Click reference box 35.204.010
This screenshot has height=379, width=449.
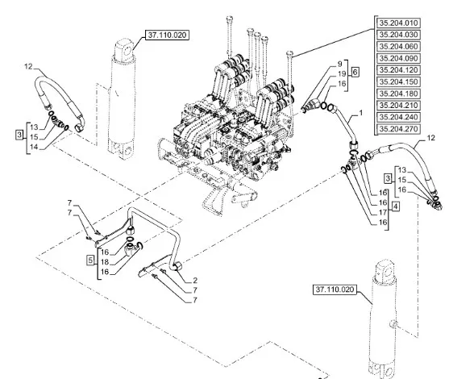[x=398, y=23]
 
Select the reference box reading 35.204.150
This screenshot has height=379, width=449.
[x=398, y=82]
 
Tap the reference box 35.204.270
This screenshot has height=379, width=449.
[x=398, y=129]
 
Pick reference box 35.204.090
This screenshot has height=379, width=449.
[x=398, y=58]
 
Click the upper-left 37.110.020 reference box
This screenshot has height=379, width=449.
[x=167, y=35]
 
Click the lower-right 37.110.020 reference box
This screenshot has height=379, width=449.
[x=335, y=289]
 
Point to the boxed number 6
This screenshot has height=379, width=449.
[x=355, y=73]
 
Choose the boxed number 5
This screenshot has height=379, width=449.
[x=90, y=260]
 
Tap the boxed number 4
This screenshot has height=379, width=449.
[x=396, y=206]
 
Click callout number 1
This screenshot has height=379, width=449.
[x=361, y=113]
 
